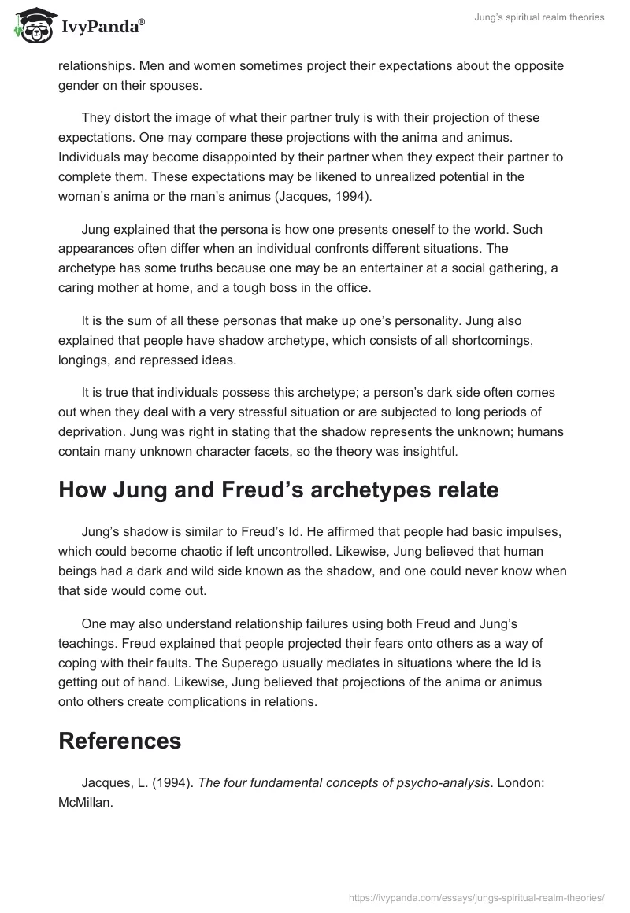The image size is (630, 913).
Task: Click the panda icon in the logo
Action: (x=34, y=27)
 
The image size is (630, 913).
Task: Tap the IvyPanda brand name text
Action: (x=102, y=28)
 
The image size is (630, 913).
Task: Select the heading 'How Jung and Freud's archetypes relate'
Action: (x=278, y=490)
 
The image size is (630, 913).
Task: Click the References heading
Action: (x=120, y=741)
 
